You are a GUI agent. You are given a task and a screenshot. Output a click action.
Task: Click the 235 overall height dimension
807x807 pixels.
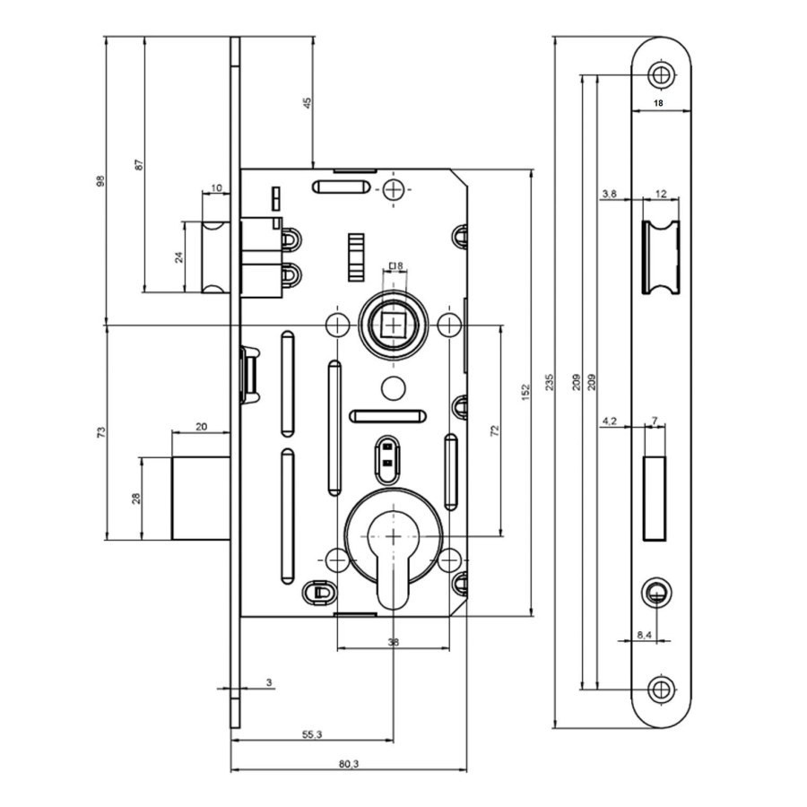[x=549, y=381]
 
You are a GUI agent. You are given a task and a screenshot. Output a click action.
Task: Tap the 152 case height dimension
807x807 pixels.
[x=525, y=392]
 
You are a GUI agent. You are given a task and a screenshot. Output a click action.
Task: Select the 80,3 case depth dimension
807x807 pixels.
[x=349, y=764]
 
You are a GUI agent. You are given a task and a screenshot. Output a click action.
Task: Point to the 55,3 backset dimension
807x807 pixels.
[x=312, y=734]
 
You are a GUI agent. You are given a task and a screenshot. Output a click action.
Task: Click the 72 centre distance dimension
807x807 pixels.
[x=495, y=430]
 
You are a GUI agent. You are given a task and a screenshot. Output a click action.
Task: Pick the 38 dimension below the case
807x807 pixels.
[x=394, y=642]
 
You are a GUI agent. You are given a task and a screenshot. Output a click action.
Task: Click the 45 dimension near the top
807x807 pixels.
[x=308, y=102]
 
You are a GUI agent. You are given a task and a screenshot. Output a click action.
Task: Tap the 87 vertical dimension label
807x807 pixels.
[x=140, y=165]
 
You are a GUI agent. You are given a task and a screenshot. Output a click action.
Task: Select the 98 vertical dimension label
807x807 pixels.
[x=100, y=180]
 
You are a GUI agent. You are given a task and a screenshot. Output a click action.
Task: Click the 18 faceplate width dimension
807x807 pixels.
[x=658, y=103]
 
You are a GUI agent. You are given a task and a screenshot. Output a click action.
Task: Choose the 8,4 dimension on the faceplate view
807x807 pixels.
[x=645, y=635]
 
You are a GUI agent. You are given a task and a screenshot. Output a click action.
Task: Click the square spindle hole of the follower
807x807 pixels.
[x=394, y=325]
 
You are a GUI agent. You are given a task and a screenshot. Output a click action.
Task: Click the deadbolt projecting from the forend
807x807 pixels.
[x=201, y=499]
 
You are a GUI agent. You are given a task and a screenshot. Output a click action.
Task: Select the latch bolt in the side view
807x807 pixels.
[x=215, y=256]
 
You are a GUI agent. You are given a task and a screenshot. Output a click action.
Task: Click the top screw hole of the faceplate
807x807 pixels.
[x=662, y=75]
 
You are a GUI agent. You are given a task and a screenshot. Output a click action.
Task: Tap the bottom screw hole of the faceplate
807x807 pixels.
[x=662, y=690]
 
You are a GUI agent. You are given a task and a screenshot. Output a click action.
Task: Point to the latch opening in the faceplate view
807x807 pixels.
[x=661, y=257]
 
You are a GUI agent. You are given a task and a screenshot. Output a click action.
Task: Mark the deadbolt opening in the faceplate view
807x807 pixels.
[x=655, y=499]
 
